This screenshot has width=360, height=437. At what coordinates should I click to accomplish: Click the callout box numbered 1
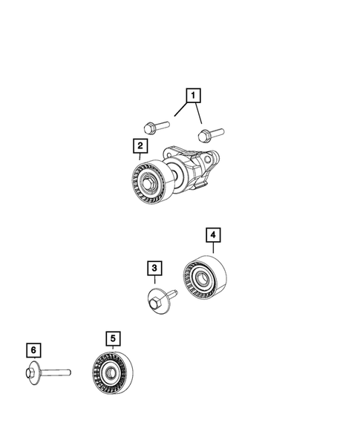[x=193, y=95]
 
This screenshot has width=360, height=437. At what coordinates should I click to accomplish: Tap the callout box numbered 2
[x=139, y=145]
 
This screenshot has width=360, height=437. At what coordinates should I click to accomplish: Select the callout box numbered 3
[x=154, y=268]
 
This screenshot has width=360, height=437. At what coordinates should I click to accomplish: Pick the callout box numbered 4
[x=213, y=235]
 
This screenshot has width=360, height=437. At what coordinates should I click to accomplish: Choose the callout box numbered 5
[x=113, y=339]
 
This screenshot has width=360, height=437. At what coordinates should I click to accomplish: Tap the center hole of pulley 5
[x=110, y=373]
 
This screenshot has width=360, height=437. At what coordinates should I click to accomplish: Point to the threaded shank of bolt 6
[x=55, y=371]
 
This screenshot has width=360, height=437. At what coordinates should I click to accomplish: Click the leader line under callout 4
[x=213, y=249]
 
